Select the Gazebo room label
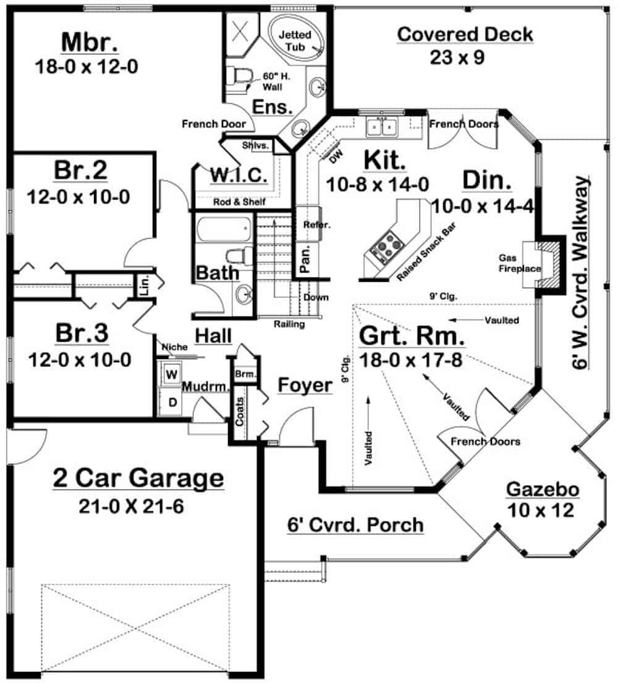543,490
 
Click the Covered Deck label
465,34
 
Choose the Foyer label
304,385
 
